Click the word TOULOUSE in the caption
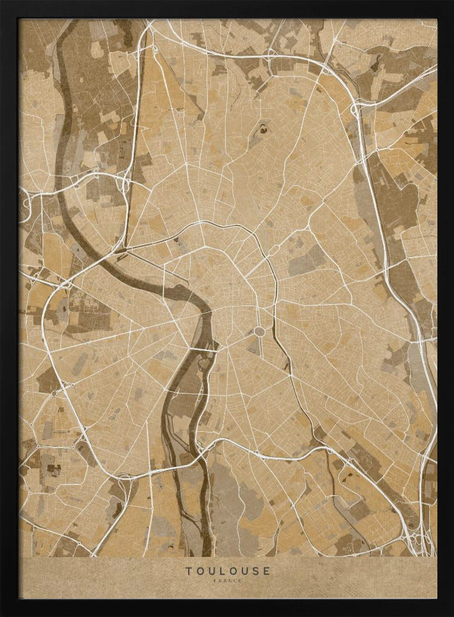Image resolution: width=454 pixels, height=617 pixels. point(228,571)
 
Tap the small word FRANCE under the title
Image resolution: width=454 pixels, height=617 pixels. point(228,581)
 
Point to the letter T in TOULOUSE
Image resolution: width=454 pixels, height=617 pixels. point(189,571)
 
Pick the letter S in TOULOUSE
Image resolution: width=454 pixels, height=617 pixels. point(255,571)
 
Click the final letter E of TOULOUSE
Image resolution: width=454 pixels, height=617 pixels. point(266,571)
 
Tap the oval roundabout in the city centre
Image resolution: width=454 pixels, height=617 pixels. point(260,332)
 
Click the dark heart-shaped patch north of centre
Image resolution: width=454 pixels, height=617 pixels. point(263,130)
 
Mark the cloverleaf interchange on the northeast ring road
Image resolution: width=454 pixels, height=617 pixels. point(356,110)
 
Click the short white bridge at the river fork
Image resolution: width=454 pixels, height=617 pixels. point(203,350)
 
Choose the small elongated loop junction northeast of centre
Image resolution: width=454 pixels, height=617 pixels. point(273,251)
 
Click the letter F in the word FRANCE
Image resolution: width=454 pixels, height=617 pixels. point(215,581)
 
